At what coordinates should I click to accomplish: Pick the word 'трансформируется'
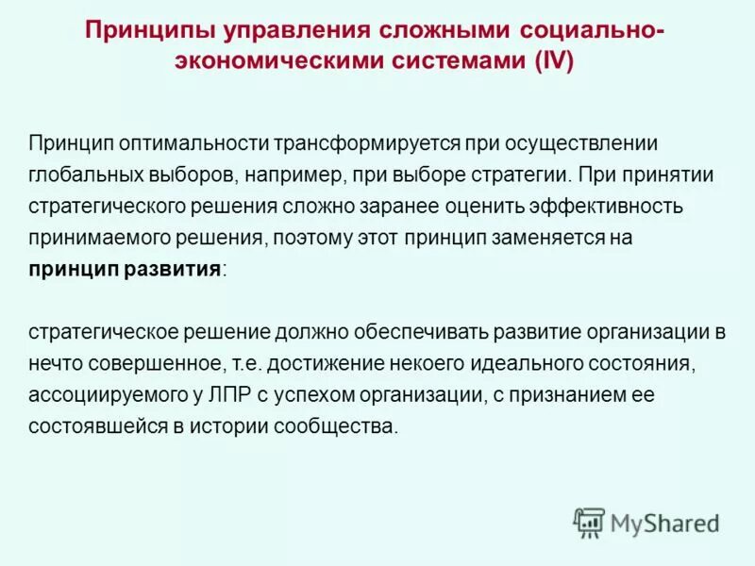[360, 142]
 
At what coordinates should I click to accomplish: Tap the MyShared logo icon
[589, 523]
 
